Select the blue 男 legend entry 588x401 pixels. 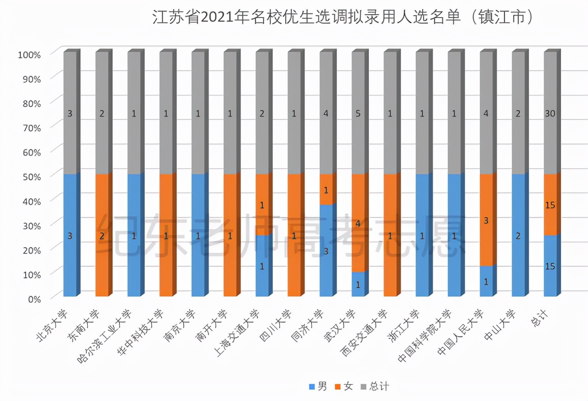point(318,386)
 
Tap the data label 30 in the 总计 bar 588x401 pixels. point(550,114)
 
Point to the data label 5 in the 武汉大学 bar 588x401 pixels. point(358,114)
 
